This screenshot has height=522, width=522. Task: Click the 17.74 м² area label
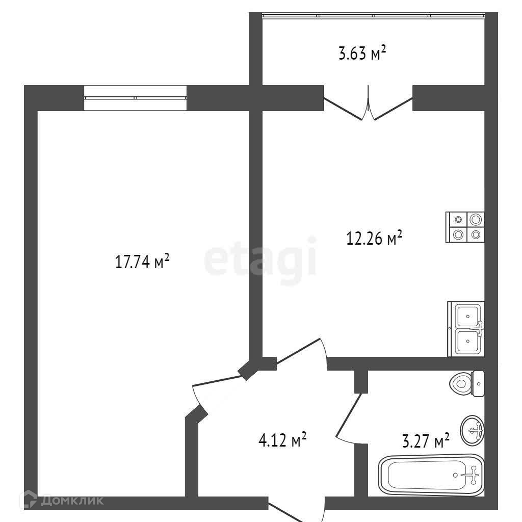142,262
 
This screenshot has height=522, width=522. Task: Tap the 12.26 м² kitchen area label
374,238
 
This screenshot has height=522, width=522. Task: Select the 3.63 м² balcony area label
362,53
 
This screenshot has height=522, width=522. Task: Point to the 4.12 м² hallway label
282,439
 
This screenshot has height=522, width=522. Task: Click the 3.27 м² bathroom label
426,441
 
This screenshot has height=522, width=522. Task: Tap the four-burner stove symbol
465,227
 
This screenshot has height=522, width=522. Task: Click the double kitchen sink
466,329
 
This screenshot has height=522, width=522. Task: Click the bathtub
431,475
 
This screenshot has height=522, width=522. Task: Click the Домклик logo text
72,501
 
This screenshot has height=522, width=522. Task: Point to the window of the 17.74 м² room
135,98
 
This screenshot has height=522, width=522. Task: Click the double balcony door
368,103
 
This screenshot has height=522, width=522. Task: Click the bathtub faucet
473,475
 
